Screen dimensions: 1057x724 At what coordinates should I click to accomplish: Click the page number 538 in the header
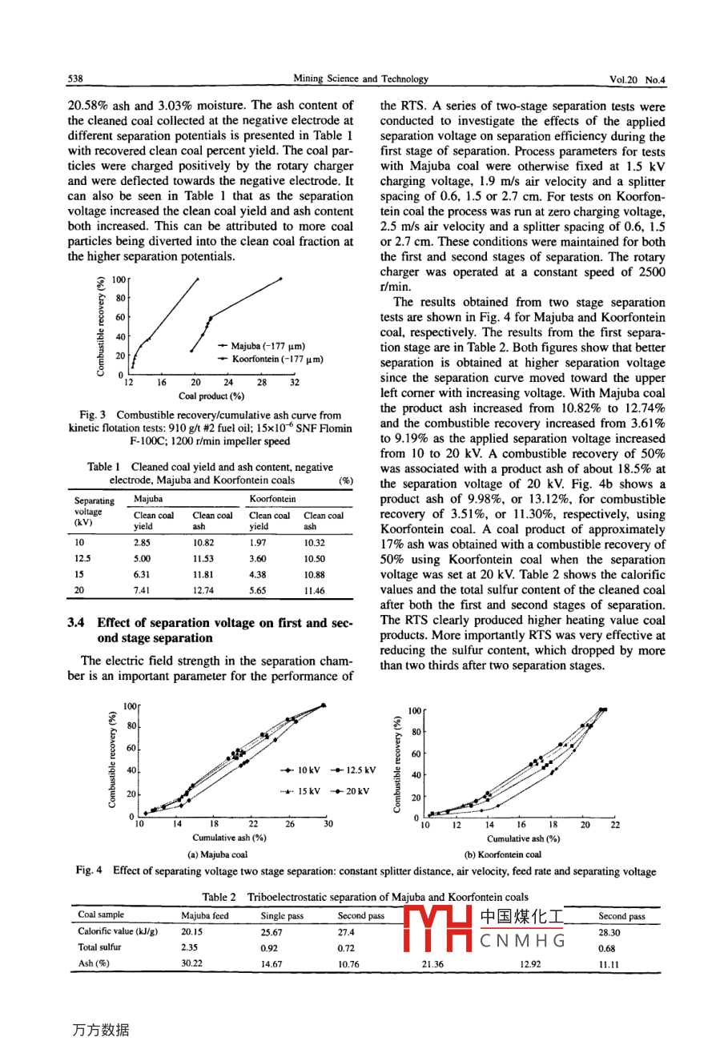tap(75, 79)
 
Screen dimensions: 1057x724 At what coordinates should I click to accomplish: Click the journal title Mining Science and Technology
tap(360, 79)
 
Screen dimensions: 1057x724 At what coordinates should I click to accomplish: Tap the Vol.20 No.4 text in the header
tap(638, 80)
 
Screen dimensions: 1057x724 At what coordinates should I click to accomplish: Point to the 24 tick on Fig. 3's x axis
tap(228, 383)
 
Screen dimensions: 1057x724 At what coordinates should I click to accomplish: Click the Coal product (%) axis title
tap(211, 396)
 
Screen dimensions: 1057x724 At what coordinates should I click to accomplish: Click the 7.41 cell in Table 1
tap(142, 590)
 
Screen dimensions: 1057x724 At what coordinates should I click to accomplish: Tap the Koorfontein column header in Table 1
tap(272, 499)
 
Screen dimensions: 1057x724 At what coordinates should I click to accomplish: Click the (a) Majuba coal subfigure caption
tap(217, 854)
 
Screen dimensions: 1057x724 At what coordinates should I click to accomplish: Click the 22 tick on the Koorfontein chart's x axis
tap(614, 825)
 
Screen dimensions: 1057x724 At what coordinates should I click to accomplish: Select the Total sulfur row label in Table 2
tap(99, 947)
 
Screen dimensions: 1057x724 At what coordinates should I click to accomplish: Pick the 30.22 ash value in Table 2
tap(191, 963)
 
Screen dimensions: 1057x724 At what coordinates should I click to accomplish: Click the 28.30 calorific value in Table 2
tap(609, 933)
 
